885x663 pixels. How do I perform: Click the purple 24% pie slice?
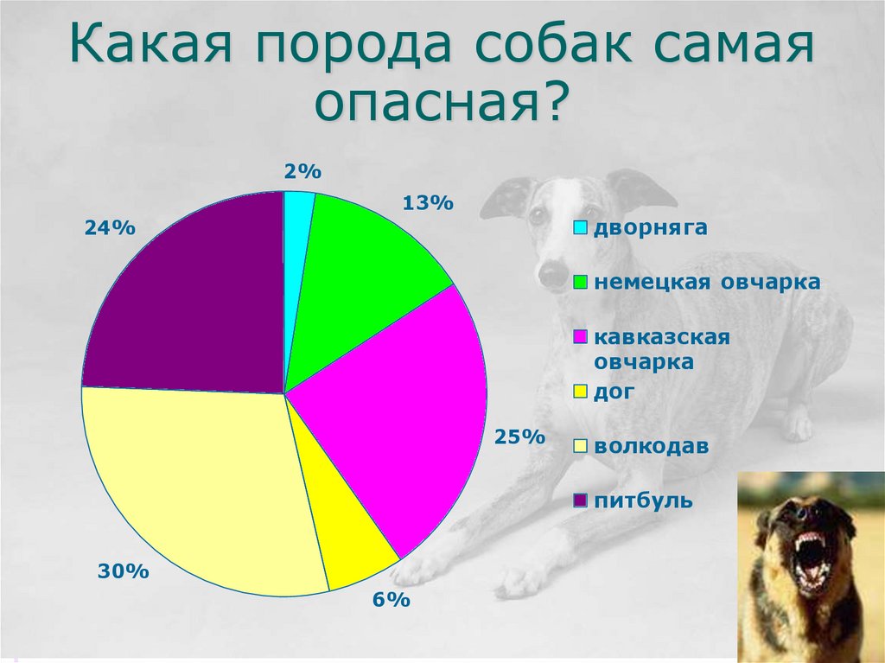pyautogui.click(x=190, y=294)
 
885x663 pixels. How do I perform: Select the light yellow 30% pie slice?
pyautogui.click(x=199, y=484)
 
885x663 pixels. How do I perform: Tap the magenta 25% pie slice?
pyautogui.click(x=406, y=406)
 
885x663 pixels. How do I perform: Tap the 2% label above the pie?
pyautogui.click(x=297, y=172)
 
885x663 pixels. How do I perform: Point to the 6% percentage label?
pyautogui.click(x=391, y=600)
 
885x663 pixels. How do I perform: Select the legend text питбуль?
pyautogui.click(x=642, y=500)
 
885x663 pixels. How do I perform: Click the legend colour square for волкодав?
pyautogui.click(x=581, y=447)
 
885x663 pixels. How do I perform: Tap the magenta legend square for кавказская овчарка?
pyautogui.click(x=581, y=337)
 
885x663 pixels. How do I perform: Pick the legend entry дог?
pyautogui.click(x=614, y=392)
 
